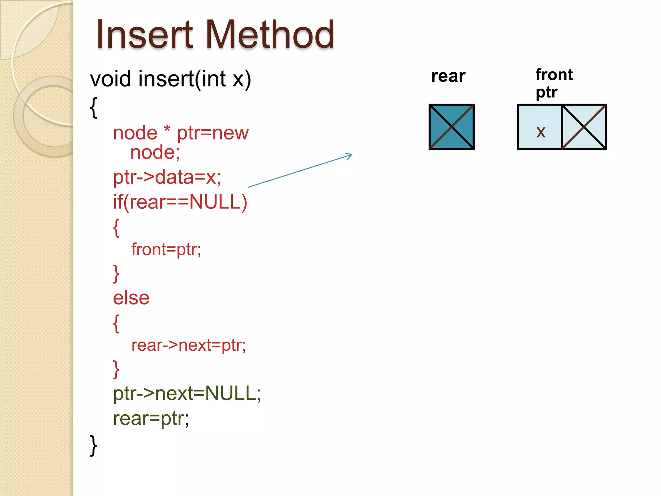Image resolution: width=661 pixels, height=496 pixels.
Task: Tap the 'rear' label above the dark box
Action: pos(448,76)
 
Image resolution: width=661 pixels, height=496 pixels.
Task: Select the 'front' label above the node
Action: pos(554,75)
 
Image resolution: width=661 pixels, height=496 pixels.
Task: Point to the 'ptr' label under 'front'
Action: pos(546,92)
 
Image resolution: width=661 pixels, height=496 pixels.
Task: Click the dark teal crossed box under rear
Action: pos(451,127)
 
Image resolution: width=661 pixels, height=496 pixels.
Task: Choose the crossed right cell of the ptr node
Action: pos(584,127)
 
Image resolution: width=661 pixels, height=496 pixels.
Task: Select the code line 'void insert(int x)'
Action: pos(170,79)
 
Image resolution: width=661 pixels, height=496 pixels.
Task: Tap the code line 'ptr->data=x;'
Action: pos(167,177)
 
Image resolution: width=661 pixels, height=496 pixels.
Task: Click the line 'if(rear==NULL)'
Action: pos(180,202)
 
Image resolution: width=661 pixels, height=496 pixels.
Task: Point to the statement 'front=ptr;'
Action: pos(166,249)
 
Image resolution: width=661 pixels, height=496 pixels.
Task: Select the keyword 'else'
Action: pos(131,298)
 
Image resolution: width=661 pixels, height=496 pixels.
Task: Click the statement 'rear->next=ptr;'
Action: pos(188,345)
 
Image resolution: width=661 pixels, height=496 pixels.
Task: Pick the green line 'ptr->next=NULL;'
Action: pos(187,393)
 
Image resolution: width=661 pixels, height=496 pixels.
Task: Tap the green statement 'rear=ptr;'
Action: pos(151,418)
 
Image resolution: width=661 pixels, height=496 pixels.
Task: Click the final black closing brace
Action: pos(93,445)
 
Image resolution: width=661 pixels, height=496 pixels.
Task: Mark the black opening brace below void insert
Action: pos(94,108)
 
